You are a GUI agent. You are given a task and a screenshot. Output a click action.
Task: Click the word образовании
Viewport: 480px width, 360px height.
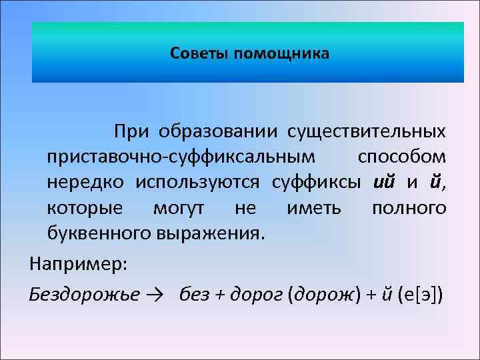tap(214, 131)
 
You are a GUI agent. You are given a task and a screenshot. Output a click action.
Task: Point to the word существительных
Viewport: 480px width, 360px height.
tap(367, 131)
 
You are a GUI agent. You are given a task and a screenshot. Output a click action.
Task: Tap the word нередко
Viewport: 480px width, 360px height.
tap(86, 182)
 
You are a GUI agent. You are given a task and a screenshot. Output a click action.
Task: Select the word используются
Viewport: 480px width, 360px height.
tap(201, 182)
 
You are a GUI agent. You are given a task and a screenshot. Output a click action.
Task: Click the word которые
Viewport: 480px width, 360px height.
tap(85, 208)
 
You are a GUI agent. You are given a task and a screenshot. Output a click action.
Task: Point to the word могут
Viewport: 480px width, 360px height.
tap(179, 208)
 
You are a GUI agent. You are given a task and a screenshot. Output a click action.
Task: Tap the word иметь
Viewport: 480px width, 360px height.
tap(313, 208)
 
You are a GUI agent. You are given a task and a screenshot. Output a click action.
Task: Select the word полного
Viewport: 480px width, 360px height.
tap(409, 208)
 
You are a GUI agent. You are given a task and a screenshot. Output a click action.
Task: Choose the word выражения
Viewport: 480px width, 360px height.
tap(211, 233)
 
